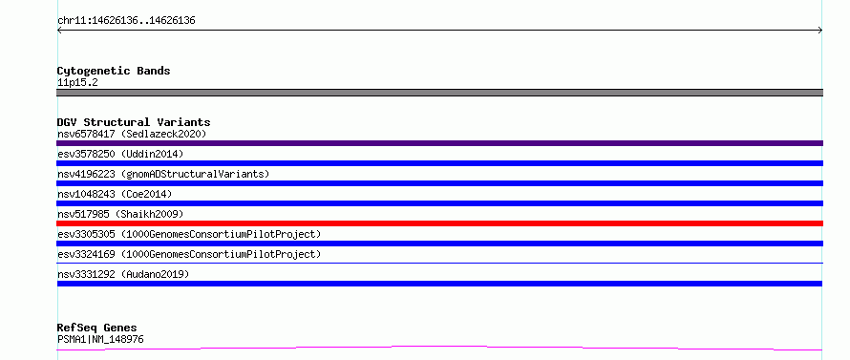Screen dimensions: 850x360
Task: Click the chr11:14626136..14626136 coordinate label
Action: pos(126,21)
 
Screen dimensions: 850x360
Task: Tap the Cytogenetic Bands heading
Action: pos(114,71)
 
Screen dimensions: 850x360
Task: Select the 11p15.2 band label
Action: pos(77,83)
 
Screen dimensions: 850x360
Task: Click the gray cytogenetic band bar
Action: pos(439,93)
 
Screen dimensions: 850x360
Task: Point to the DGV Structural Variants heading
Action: pos(134,122)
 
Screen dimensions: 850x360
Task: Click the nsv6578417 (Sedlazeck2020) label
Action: pos(132,134)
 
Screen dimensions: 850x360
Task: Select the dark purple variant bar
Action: pos(439,143)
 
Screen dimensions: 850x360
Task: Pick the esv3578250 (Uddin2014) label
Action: pos(120,154)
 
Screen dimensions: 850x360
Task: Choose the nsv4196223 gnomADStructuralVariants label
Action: pos(163,174)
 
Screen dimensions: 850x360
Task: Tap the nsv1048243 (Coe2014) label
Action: pos(115,194)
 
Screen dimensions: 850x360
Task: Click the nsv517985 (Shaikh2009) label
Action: pos(120,214)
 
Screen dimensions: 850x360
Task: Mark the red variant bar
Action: pos(439,223)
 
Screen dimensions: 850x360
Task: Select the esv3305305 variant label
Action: pos(189,234)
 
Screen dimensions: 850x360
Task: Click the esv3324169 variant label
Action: pos(189,254)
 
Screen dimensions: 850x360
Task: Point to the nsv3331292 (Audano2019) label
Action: pos(123,274)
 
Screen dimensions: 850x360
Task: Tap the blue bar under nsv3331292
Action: pos(439,284)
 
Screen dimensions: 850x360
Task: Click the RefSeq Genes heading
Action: pos(97,328)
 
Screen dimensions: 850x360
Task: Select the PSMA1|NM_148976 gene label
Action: pos(100,340)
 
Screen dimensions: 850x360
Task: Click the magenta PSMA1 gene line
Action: pos(439,347)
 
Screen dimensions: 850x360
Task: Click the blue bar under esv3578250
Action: pos(439,163)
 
